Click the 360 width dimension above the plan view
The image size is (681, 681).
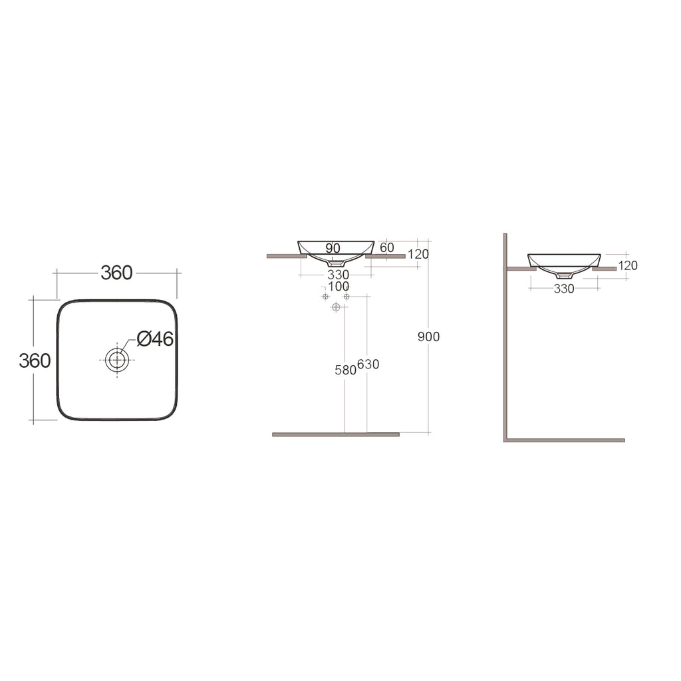(x=116, y=273)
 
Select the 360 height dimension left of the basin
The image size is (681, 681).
(x=35, y=360)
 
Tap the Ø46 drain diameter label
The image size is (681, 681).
(x=155, y=339)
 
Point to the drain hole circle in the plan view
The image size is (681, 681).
(x=117, y=360)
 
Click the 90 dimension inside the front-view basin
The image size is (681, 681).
(x=333, y=248)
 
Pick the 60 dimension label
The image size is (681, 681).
(x=387, y=248)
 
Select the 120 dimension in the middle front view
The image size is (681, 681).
(x=418, y=254)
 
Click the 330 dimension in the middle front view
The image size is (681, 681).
(x=338, y=275)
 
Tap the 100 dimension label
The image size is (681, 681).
(x=338, y=286)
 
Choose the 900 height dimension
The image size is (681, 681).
(x=428, y=337)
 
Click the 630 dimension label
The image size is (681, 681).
(x=368, y=364)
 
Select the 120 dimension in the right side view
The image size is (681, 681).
(x=627, y=265)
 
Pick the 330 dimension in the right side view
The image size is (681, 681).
(x=563, y=289)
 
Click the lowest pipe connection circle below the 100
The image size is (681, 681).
(x=336, y=307)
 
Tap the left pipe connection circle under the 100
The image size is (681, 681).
(x=325, y=296)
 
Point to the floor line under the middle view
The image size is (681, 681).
(x=336, y=434)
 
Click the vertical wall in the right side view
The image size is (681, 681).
(x=505, y=346)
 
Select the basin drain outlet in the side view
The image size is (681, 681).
(x=564, y=275)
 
